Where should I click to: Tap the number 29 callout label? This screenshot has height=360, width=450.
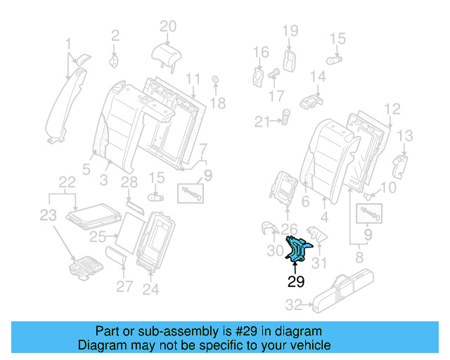297,283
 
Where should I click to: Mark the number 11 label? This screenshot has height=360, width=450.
193,77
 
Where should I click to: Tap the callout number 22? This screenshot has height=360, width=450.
67,182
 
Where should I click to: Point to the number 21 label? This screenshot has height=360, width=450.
262,122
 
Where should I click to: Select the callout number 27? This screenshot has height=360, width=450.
124,286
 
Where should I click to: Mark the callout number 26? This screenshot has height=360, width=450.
289,227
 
